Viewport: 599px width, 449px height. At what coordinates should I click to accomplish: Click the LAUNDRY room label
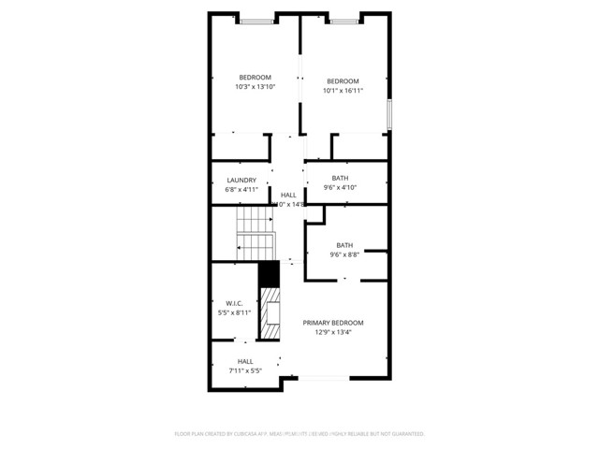[x=241, y=180]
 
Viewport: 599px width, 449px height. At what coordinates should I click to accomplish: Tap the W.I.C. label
[x=234, y=303]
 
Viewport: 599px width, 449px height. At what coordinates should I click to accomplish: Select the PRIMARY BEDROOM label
[x=332, y=323]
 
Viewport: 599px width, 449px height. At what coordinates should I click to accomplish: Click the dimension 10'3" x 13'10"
[x=255, y=87]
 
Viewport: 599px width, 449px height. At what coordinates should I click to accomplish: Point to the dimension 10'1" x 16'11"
[x=343, y=91]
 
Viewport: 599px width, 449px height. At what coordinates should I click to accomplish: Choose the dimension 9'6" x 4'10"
[x=340, y=188]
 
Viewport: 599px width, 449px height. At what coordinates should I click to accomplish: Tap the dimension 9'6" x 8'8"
[x=344, y=254]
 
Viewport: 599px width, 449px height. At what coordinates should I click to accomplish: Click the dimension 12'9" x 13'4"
[x=332, y=332]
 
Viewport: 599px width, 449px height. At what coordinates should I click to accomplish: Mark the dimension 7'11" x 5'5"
[x=245, y=370]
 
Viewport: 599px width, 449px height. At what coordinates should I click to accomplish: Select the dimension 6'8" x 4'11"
[x=241, y=189]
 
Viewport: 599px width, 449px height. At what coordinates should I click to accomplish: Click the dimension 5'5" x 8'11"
[x=234, y=312]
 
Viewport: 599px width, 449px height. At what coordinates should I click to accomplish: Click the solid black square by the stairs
[x=270, y=274]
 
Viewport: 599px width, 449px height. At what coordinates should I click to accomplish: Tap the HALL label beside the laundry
[x=288, y=195]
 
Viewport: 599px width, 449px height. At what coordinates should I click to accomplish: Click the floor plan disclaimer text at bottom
[x=299, y=434]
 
